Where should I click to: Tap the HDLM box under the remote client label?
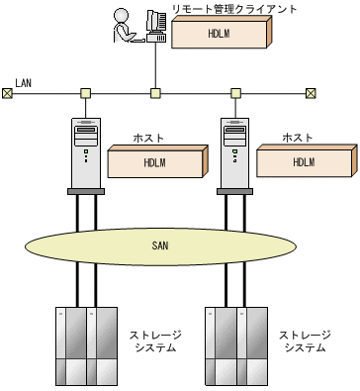tap(220, 34)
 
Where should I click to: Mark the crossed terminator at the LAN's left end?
tap(8, 94)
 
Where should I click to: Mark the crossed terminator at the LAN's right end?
tap(311, 94)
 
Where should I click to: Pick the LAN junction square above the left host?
tap(86, 94)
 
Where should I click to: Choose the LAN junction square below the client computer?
tap(155, 94)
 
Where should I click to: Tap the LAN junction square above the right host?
tap(235, 94)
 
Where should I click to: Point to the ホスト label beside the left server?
tap(151, 138)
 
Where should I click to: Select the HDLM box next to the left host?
tap(156, 163)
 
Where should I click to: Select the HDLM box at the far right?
tap(303, 163)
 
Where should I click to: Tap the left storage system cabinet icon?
tap(85, 344)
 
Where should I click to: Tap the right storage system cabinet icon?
tap(236, 344)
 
